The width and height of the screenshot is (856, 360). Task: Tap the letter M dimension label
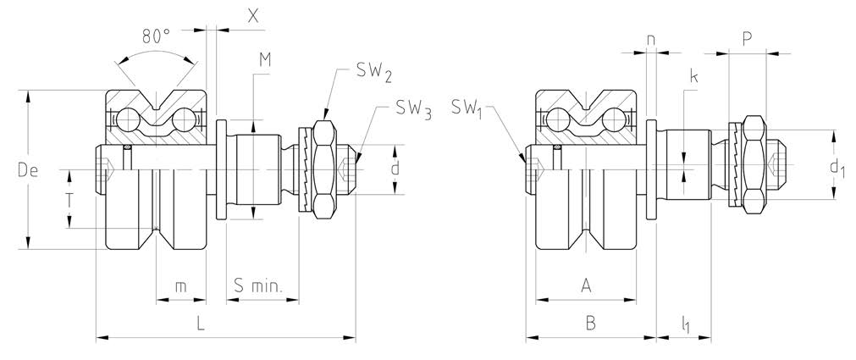click(x=265, y=58)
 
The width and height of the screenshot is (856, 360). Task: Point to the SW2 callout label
click(x=373, y=75)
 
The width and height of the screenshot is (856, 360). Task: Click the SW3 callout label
click(x=412, y=110)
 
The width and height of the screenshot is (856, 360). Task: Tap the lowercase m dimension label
click(x=180, y=287)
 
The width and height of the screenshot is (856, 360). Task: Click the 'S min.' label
click(x=263, y=287)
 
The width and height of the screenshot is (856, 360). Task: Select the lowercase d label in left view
click(x=395, y=169)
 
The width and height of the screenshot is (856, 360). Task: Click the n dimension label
click(x=650, y=39)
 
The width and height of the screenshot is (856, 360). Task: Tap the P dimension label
click(x=747, y=39)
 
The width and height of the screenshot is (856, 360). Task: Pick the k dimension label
click(x=693, y=77)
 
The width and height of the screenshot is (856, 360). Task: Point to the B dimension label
click(x=590, y=323)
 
